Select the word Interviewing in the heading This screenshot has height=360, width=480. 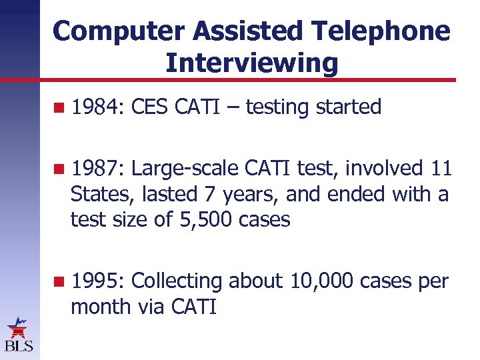[x=251, y=63]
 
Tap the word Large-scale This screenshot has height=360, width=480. [x=185, y=169]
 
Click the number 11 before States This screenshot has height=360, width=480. [x=441, y=169]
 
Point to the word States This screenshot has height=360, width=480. [x=100, y=194]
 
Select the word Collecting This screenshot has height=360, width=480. [x=177, y=281]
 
